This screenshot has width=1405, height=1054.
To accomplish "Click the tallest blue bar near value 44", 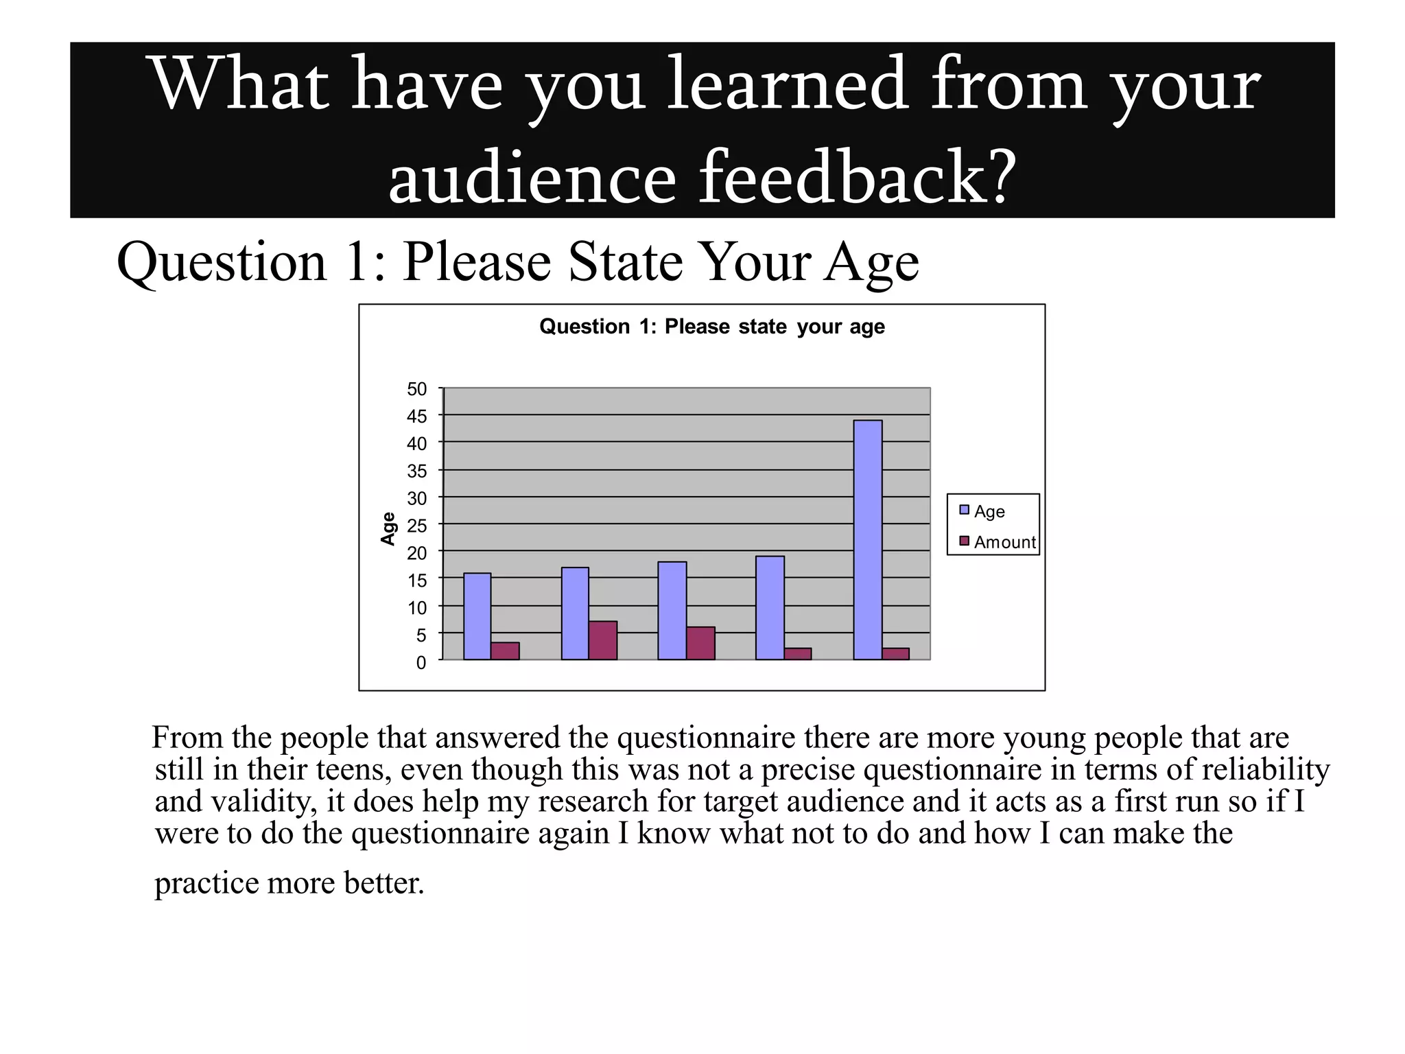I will click(x=868, y=539).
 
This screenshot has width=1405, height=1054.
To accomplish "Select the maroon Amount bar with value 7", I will click(x=602, y=640).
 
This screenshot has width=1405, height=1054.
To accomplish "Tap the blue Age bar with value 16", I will click(x=477, y=616).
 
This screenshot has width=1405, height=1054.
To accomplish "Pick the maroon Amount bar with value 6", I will click(x=700, y=643).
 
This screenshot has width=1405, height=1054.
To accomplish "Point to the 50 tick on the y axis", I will click(x=416, y=389).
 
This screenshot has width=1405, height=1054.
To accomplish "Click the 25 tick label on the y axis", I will click(x=416, y=526).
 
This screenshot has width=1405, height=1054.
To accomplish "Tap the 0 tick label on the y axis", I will click(x=421, y=662).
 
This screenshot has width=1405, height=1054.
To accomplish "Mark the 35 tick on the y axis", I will click(x=416, y=471).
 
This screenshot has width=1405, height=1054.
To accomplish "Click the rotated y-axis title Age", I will click(x=388, y=528).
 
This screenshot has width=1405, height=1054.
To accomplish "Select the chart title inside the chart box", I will click(x=711, y=327).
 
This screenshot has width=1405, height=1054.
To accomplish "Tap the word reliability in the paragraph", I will click(x=1266, y=769).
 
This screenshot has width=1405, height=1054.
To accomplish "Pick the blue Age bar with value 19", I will click(x=770, y=608).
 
